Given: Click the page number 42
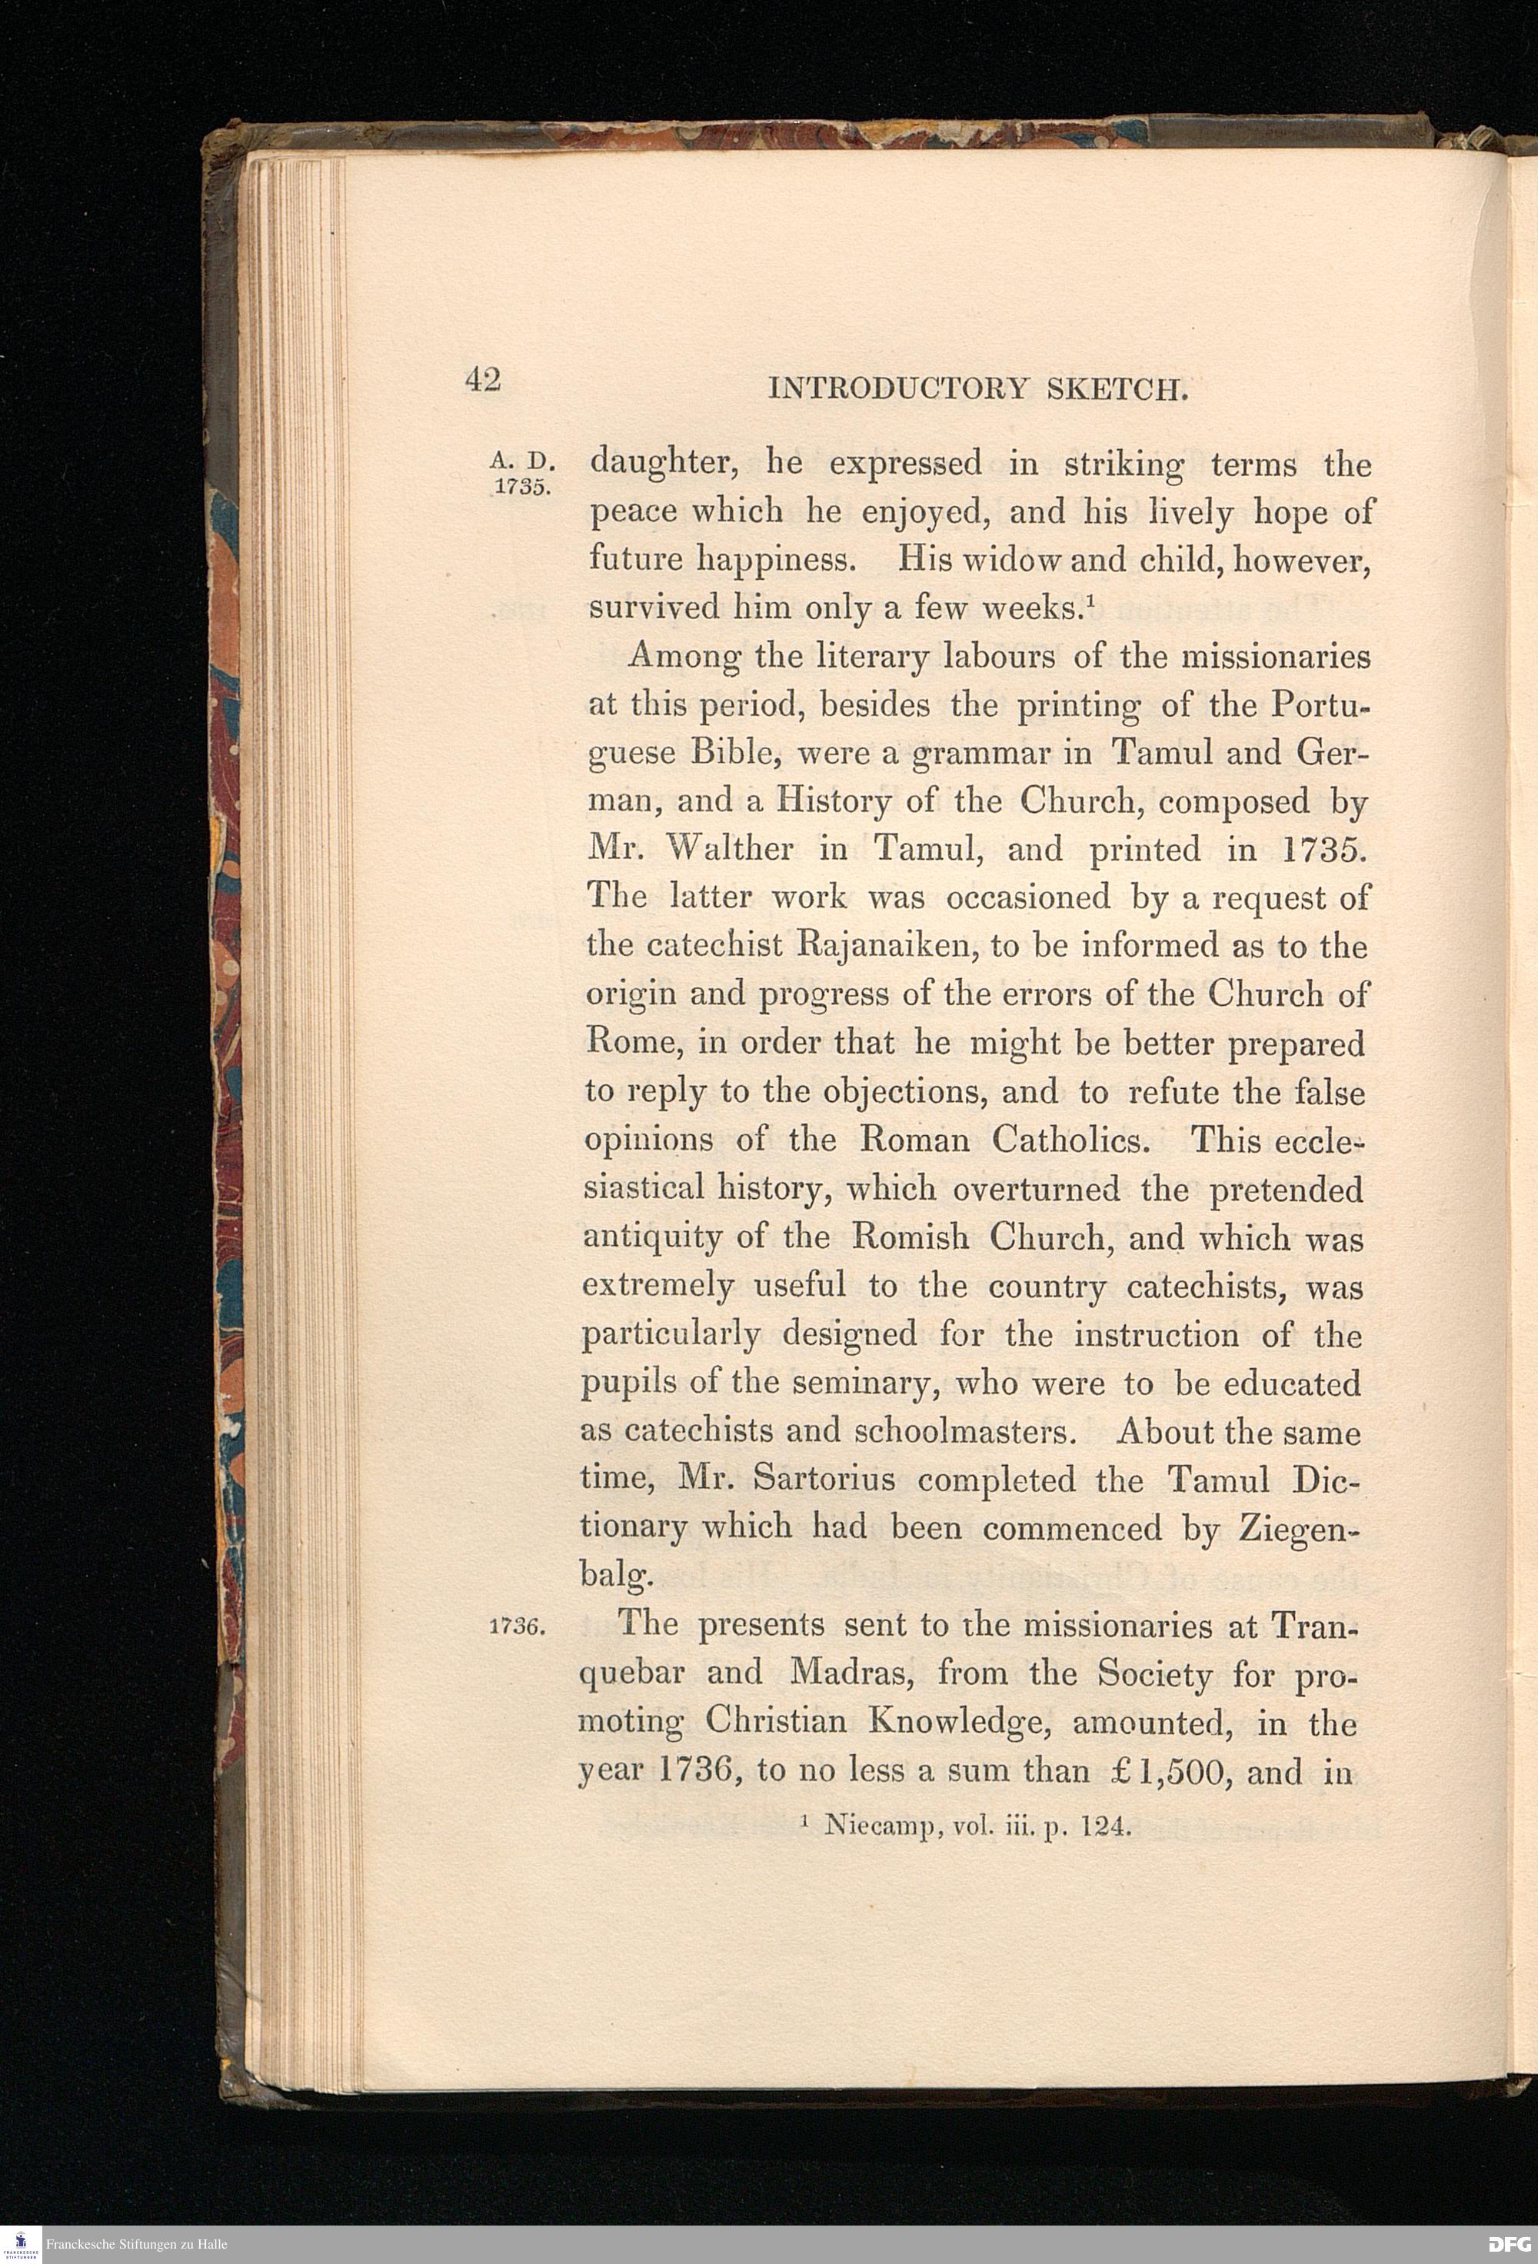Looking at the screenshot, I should click(483, 379).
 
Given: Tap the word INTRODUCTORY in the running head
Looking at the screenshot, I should click(897, 390).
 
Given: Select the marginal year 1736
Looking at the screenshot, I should click(519, 1628).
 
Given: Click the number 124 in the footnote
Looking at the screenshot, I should click(1108, 1826).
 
